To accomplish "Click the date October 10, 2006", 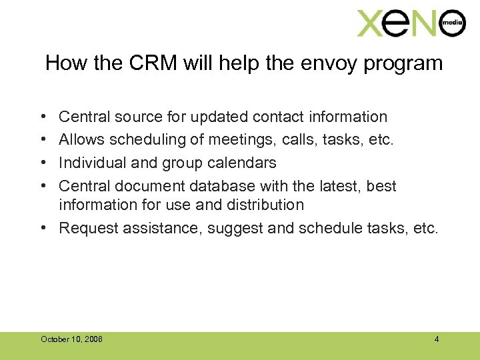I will pos(71,339).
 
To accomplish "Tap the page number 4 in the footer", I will pos(437,339).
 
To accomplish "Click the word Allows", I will pos(82,139).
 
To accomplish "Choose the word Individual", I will pos(91,162).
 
